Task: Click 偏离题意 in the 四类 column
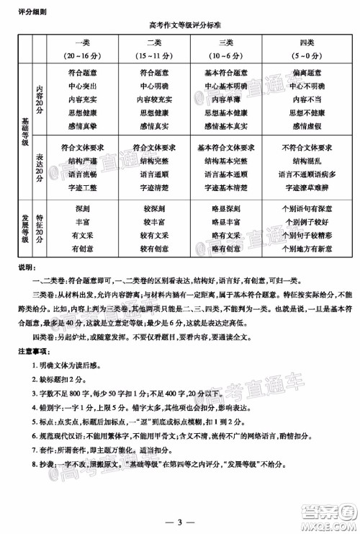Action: [308, 72]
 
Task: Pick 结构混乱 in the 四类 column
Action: [308, 161]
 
